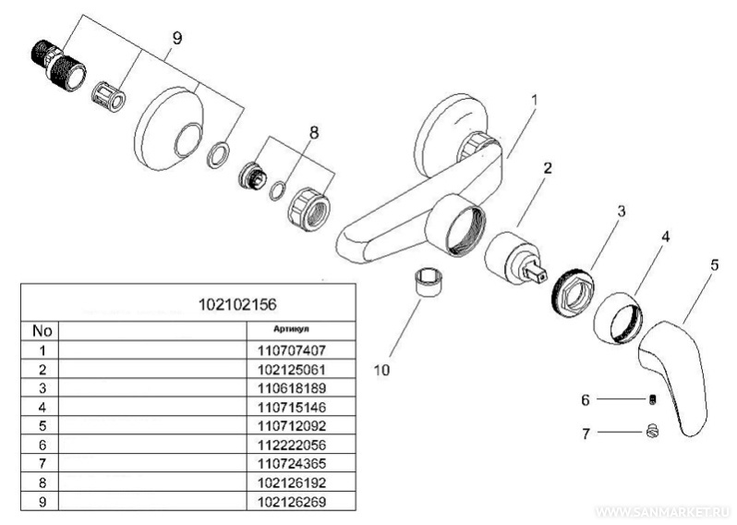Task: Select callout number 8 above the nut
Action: click(x=313, y=132)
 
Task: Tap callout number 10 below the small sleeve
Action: click(x=381, y=370)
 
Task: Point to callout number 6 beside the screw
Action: click(x=585, y=399)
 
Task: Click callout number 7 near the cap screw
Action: click(x=585, y=432)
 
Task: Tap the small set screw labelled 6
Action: click(x=651, y=399)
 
